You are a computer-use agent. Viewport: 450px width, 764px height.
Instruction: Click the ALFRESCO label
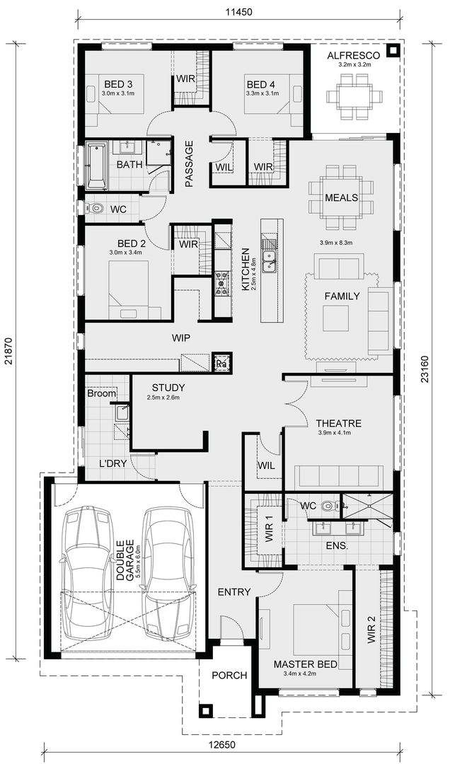point(354,55)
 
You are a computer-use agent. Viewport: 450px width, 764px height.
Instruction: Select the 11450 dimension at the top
point(240,12)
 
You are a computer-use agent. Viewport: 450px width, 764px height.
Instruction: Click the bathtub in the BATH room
point(96,166)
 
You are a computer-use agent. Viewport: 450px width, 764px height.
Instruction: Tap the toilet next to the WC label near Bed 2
point(96,209)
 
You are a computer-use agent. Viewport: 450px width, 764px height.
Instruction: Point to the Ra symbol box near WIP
point(221,362)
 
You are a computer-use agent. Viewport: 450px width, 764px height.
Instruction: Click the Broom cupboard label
point(102,393)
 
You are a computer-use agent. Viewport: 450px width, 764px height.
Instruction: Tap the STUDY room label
point(168,388)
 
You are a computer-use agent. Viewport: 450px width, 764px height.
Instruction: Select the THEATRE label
point(339,423)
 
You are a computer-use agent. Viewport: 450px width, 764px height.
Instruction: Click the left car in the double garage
point(86,568)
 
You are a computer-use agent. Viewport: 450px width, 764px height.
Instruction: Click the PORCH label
point(230,676)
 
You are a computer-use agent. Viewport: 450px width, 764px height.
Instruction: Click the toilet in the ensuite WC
point(328,507)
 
